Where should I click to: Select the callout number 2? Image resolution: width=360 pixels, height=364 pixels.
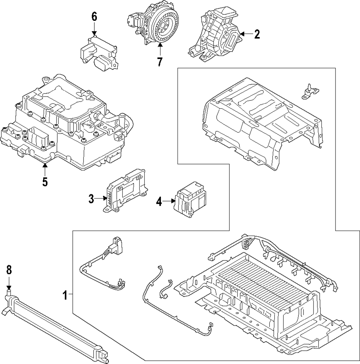[x=257, y=34]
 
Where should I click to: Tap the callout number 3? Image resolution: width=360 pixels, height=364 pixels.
[x=91, y=198]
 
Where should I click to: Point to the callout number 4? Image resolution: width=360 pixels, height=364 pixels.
[x=159, y=202]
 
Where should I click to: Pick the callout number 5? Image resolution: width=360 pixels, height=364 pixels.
[x=45, y=182]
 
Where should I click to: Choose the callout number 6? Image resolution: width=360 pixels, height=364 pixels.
[x=94, y=17]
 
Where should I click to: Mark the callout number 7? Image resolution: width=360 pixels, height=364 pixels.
[x=159, y=62]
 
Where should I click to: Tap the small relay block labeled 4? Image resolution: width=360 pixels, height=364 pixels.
[x=190, y=200]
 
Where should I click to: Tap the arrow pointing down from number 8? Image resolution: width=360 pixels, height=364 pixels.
[x=9, y=282]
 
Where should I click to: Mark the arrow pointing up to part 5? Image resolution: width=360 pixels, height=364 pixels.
[x=45, y=169]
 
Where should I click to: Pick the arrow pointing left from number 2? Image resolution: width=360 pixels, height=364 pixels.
[x=246, y=34]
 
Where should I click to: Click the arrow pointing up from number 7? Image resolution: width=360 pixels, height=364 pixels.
[x=159, y=49]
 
